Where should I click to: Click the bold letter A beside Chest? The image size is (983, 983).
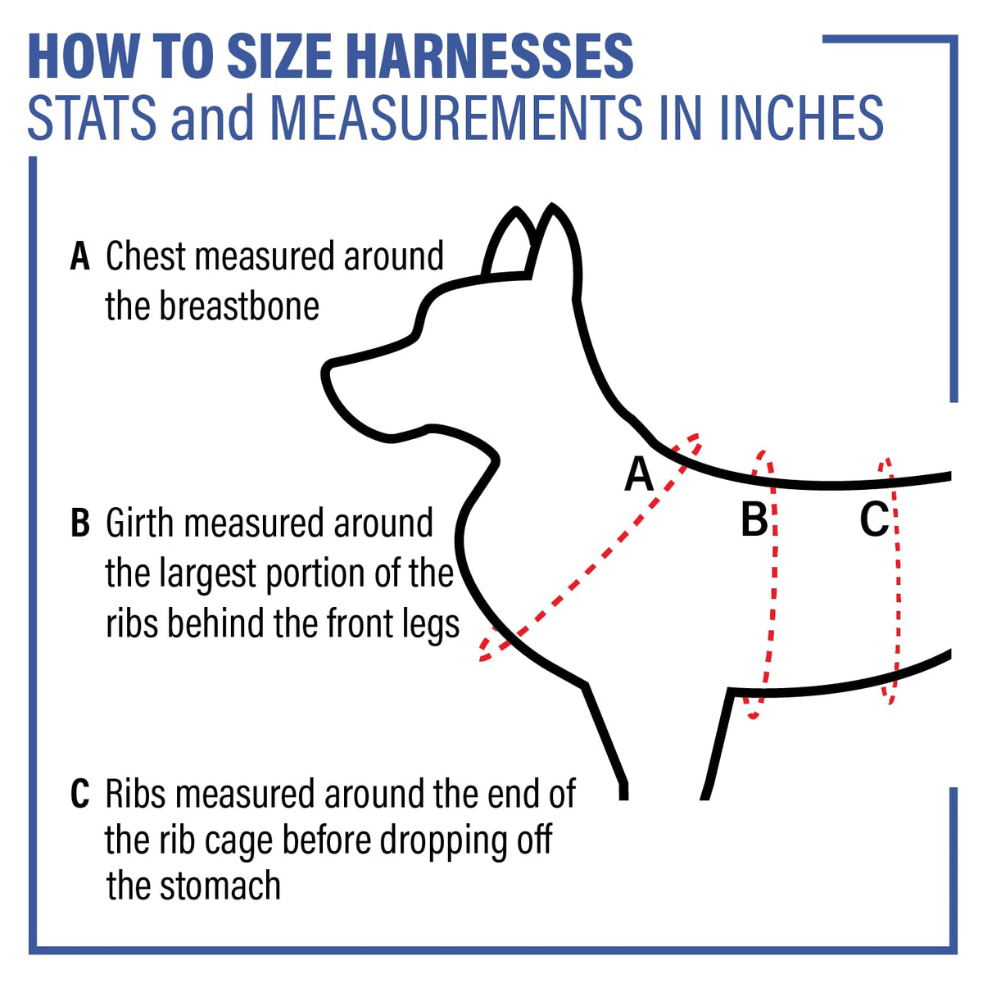pos(79,256)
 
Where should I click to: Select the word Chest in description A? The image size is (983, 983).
pos(146,256)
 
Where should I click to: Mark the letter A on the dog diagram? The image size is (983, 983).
pos(639,474)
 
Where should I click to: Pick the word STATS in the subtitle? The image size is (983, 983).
pos(92,117)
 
